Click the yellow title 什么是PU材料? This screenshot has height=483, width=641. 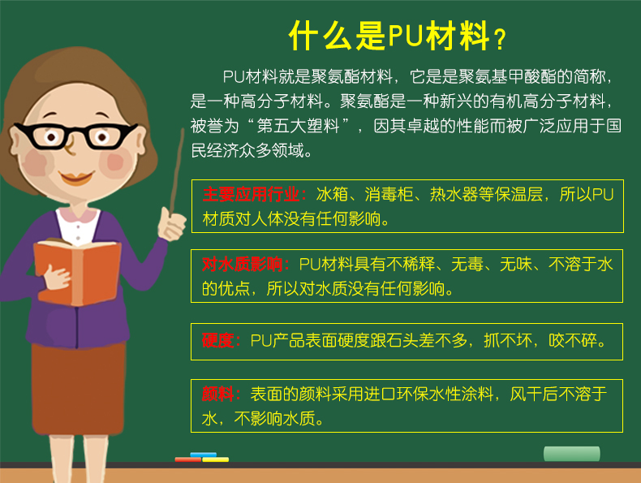(398, 37)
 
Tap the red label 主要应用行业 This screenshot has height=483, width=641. (251, 194)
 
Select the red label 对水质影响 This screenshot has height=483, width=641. (243, 264)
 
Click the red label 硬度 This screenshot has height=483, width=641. (218, 340)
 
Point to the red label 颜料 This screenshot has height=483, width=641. (218, 394)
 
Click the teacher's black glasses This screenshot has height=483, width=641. (75, 136)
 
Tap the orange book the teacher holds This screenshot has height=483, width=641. (78, 272)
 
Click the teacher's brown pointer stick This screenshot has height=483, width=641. (177, 171)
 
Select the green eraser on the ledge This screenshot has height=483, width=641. (571, 454)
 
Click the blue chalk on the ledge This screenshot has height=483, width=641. (203, 455)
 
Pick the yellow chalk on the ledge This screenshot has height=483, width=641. (216, 459)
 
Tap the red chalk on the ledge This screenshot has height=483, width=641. (188, 459)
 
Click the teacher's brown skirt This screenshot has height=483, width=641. (79, 389)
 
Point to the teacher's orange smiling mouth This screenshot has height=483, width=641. (76, 177)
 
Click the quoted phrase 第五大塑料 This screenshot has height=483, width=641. (298, 126)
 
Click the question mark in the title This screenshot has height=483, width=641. (501, 40)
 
